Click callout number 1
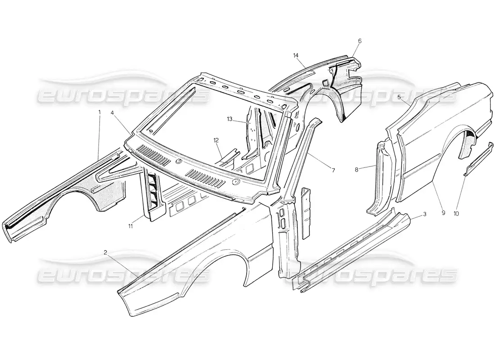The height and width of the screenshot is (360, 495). [99, 112]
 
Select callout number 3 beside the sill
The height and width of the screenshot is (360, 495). [425, 214]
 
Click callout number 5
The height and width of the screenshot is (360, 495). [399, 97]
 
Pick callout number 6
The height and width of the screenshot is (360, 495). [360, 41]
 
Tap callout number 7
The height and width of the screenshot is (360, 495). [333, 170]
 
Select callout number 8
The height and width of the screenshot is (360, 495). [356, 170]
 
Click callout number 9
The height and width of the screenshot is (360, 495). [443, 213]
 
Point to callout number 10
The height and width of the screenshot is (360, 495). [456, 213]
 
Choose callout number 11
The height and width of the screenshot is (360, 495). [131, 226]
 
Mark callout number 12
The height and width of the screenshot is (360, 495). [216, 140]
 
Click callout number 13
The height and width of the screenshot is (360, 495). [229, 119]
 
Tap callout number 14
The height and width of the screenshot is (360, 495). [296, 56]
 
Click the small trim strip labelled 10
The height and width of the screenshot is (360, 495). [478, 159]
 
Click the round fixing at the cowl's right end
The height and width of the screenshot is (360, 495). [236, 182]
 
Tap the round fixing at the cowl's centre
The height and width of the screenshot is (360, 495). [179, 161]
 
